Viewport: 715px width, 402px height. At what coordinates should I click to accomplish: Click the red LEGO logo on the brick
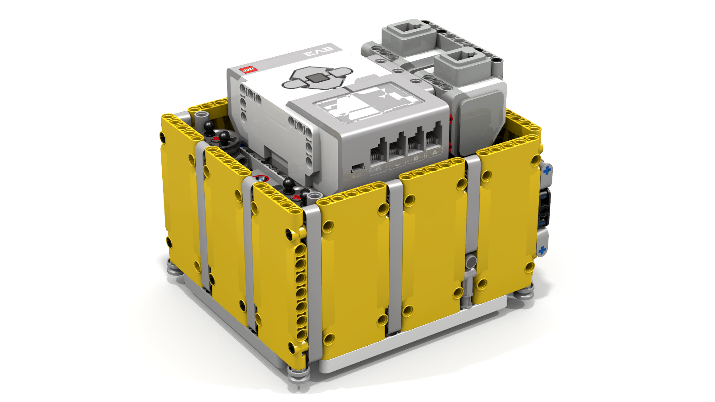click(248, 70)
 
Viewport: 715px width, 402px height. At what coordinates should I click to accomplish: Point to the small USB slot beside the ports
click(357, 168)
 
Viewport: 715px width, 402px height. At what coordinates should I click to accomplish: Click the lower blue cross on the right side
click(542, 250)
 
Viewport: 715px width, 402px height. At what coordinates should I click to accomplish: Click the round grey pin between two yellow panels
click(471, 262)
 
